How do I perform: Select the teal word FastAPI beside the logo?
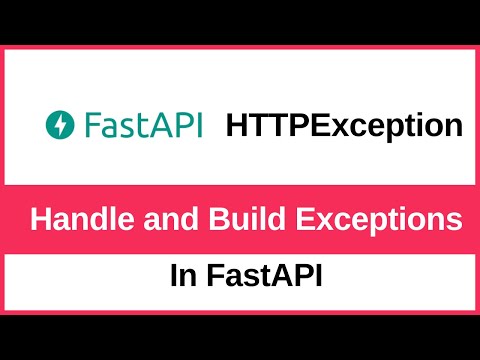click(144, 126)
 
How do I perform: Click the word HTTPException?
click(345, 126)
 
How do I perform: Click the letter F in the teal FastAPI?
click(91, 126)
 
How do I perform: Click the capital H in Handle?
click(39, 219)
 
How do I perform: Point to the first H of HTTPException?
click(238, 126)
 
